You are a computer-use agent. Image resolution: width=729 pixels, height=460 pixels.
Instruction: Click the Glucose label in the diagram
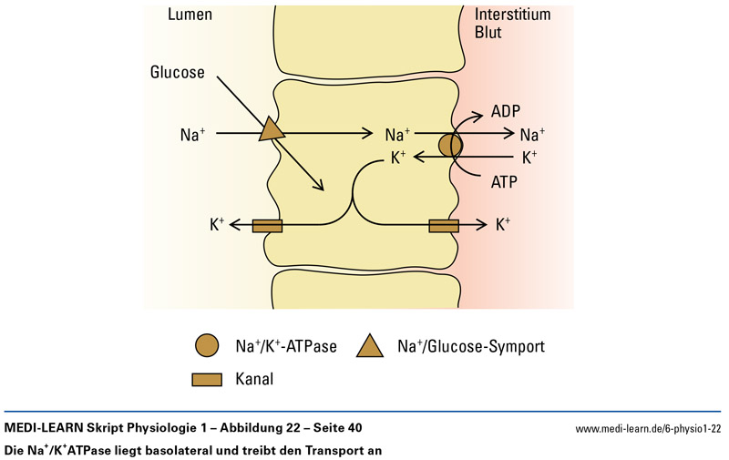click(178, 73)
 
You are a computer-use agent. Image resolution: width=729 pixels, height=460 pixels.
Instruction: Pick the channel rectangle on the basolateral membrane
click(443, 224)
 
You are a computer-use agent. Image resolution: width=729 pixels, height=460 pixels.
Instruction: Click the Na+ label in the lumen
click(193, 135)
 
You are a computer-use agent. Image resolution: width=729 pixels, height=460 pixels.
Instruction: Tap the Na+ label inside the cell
click(398, 135)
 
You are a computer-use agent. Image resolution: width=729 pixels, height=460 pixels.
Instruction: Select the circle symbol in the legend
click(207, 346)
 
